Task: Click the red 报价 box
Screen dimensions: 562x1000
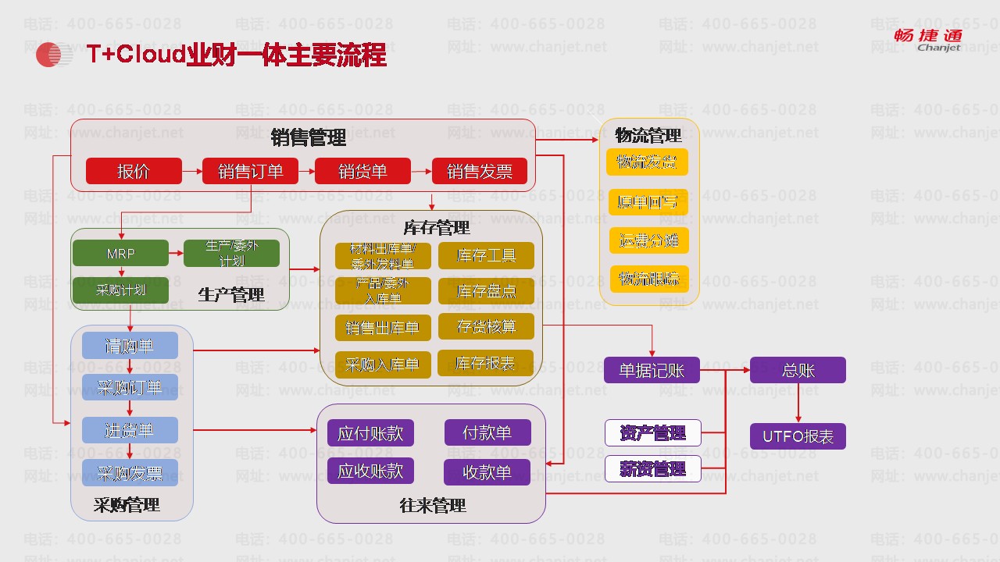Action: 134,171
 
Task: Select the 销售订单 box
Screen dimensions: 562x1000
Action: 250,171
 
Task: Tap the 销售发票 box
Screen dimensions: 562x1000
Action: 480,171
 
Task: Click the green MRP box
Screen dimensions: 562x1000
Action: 120,254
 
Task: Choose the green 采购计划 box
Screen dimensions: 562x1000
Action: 120,290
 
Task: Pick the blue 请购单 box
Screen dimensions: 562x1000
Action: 130,346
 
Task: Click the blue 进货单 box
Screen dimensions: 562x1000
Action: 130,430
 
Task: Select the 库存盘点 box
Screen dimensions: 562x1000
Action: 486,292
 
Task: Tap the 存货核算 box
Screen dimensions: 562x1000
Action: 486,327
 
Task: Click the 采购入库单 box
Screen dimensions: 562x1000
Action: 382,365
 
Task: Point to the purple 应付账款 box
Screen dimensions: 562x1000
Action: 370,433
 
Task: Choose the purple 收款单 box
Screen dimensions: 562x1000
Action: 487,472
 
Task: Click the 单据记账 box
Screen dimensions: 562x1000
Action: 652,370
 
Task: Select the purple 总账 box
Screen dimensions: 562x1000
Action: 798,370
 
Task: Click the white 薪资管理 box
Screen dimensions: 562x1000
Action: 652,468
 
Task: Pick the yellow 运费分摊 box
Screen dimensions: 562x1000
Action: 648,240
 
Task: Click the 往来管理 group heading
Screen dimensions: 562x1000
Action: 432,505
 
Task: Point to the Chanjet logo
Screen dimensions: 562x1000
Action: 928,39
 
